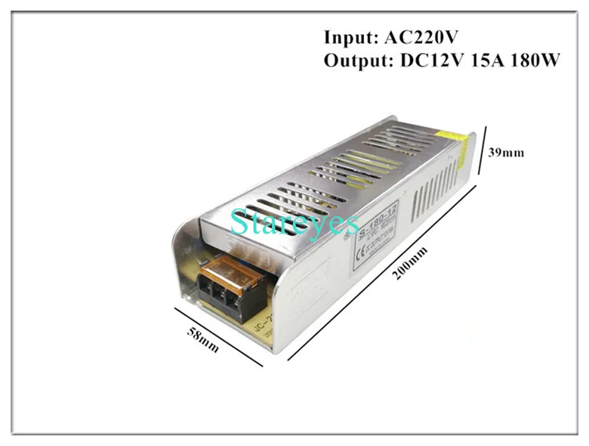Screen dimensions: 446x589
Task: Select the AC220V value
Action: tap(420, 37)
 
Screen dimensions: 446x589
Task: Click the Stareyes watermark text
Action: tap(295, 222)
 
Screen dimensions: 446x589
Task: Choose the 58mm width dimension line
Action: tap(218, 337)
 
